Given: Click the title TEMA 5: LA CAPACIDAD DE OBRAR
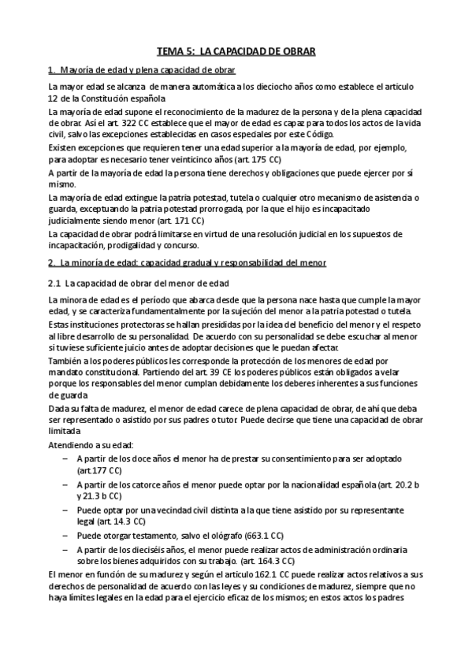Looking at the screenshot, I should pos(236,51).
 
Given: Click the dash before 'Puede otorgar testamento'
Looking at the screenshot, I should pos(63,536).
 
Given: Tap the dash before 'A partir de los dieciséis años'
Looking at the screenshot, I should pos(63,549).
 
